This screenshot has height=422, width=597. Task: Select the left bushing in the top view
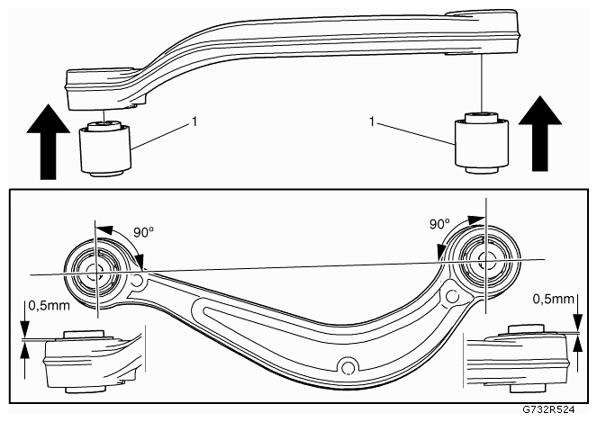point(104,148)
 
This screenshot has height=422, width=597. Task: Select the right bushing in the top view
point(482,143)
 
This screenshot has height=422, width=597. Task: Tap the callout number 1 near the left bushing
point(194,121)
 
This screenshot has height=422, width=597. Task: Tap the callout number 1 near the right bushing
point(372,121)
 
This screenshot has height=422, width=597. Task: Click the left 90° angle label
point(143,232)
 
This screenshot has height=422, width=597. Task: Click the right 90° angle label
point(439,224)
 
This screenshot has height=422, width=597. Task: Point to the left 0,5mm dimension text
point(50,305)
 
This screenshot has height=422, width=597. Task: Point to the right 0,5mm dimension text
point(553,299)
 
